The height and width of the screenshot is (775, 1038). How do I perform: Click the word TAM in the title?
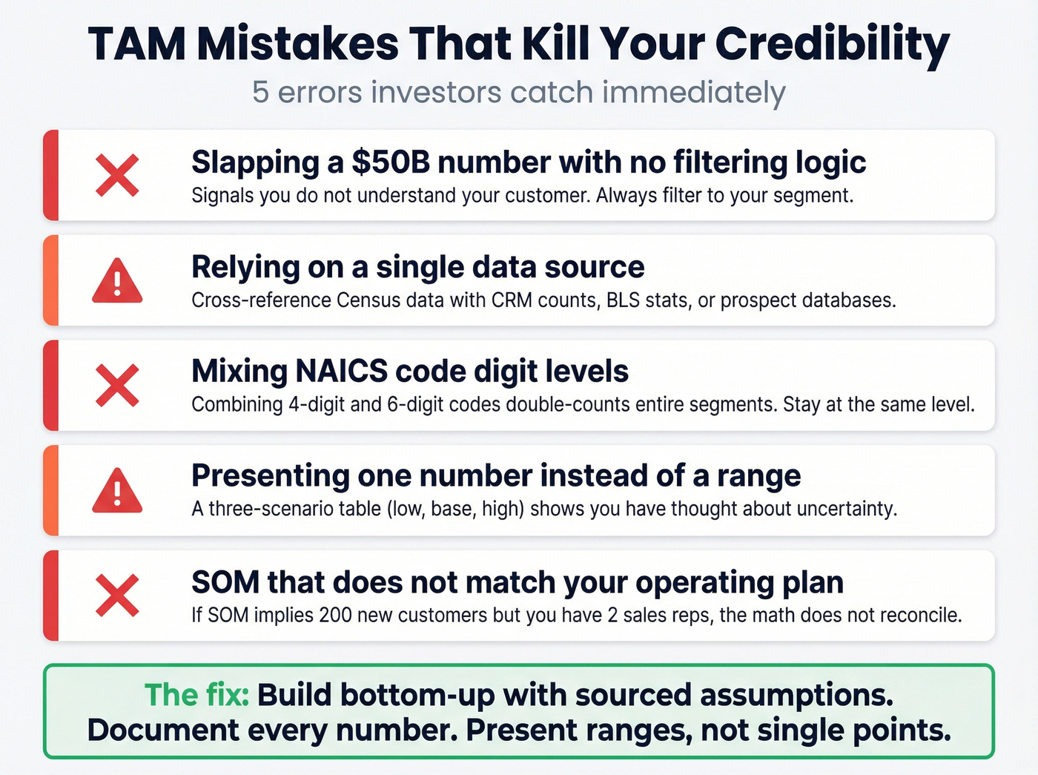(x=137, y=44)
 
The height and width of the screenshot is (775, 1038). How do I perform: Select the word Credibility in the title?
(x=832, y=44)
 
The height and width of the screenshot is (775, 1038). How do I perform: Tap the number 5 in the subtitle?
(x=259, y=93)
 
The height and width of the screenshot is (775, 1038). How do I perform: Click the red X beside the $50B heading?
(x=117, y=176)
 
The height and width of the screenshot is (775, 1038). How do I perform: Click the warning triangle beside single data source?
(x=117, y=282)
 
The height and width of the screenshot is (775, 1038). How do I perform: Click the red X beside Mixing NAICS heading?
(x=117, y=385)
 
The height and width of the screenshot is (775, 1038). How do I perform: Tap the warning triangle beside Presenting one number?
(x=117, y=491)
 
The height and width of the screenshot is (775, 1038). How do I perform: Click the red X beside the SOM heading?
(x=117, y=596)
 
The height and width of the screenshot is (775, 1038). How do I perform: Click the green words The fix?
(x=197, y=696)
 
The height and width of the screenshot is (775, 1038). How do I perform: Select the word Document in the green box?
(x=162, y=731)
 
